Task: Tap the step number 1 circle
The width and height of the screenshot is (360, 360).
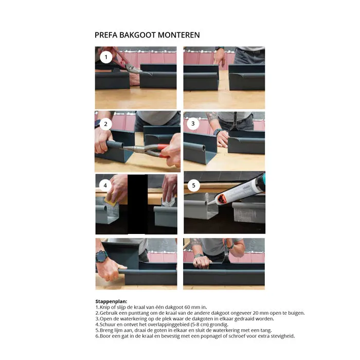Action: pyautogui.click(x=106, y=57)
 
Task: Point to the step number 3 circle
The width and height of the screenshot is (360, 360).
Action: pyautogui.click(x=193, y=123)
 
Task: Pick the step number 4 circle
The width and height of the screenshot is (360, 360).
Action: pyautogui.click(x=106, y=185)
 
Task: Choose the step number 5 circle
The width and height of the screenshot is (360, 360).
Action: pyautogui.click(x=193, y=185)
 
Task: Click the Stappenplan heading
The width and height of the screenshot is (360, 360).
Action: pyautogui.click(x=111, y=301)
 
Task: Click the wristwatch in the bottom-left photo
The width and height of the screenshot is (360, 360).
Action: pyautogui.click(x=101, y=255)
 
